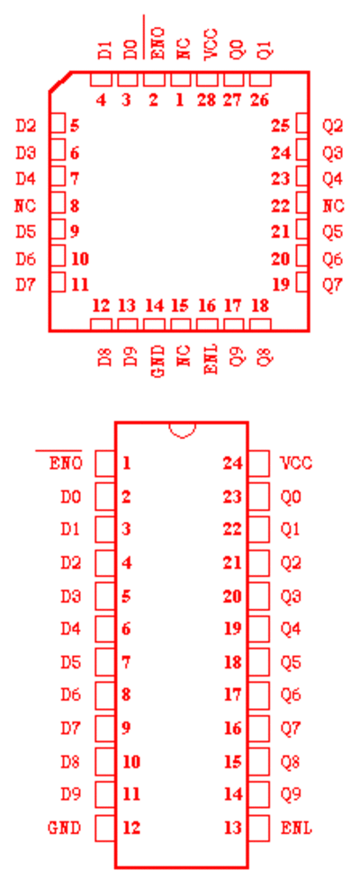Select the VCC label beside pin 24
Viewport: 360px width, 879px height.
click(296, 463)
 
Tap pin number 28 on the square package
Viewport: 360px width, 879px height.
click(206, 101)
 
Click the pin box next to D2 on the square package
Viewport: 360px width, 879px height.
click(58, 124)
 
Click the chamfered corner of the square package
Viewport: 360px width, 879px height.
click(59, 82)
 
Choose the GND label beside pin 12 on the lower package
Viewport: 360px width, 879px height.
click(64, 828)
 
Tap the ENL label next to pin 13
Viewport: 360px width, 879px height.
click(296, 828)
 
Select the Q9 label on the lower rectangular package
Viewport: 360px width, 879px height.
click(291, 794)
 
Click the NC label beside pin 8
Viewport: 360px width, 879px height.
click(25, 206)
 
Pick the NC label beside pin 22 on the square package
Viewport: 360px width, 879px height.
click(333, 206)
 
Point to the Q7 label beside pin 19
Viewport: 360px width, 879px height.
click(332, 285)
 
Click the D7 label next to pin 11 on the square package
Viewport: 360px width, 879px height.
click(26, 285)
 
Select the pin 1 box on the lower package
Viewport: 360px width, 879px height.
click(105, 463)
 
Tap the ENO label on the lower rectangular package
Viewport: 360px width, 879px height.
click(66, 463)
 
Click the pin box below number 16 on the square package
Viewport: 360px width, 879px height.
click(207, 325)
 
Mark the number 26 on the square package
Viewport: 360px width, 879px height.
click(259, 101)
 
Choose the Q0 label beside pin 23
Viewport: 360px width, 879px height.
click(291, 497)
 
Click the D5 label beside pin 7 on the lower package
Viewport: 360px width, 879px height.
click(71, 662)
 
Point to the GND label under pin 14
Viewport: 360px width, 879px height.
click(158, 361)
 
